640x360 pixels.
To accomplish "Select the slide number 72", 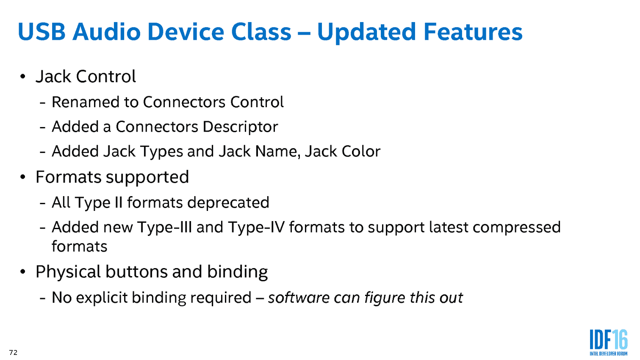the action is coord(13,352).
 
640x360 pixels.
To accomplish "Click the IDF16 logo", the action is coord(609,342).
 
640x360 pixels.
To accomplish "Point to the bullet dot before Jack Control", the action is coord(23,77).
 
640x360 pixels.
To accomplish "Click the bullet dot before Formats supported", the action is coord(23,177).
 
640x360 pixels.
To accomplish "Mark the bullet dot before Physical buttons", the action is coord(23,271).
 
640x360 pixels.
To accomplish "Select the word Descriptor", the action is coord(240,127).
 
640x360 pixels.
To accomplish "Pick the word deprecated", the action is coord(228,203).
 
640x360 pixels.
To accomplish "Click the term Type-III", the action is coord(165,227).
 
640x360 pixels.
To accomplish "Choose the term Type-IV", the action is coord(256,227).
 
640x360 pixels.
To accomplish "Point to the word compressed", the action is coord(517,228).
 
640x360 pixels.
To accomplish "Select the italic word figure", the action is coord(385,298).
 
